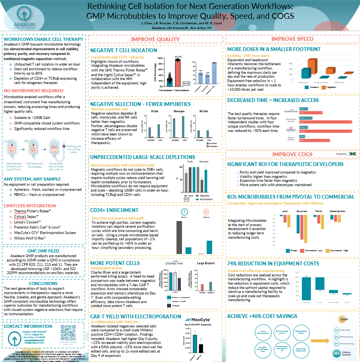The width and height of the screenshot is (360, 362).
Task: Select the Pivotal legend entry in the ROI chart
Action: coord(293,250)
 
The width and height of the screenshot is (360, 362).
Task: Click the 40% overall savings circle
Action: coord(336,353)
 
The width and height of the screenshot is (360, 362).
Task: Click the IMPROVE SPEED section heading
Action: coord(293,39)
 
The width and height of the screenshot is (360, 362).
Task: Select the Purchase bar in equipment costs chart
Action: coord(320,283)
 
